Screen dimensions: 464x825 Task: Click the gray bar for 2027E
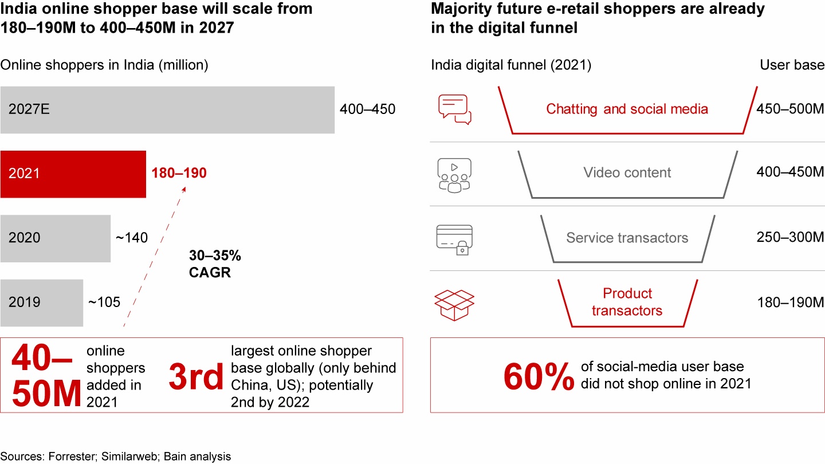click(x=167, y=109)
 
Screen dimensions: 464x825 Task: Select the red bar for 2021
click(x=73, y=174)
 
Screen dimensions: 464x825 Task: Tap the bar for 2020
click(x=56, y=238)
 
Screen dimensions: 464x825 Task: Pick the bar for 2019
click(x=42, y=302)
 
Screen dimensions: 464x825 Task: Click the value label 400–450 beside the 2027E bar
click(x=367, y=109)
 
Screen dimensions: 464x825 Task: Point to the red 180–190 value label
click(x=179, y=173)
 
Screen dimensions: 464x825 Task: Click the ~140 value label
click(x=132, y=237)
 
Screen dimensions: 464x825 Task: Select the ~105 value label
click(x=104, y=302)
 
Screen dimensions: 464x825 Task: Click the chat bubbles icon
click(x=454, y=109)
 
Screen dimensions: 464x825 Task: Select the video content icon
click(x=454, y=174)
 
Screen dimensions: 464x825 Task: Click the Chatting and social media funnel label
click(x=627, y=109)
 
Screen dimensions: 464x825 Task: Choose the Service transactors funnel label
click(x=627, y=238)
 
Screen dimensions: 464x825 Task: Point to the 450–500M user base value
click(x=790, y=109)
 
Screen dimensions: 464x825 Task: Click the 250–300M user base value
click(x=790, y=238)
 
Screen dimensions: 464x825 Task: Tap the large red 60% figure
click(x=539, y=376)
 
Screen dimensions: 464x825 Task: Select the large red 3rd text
click(x=196, y=377)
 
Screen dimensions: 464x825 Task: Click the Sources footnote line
click(x=116, y=457)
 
